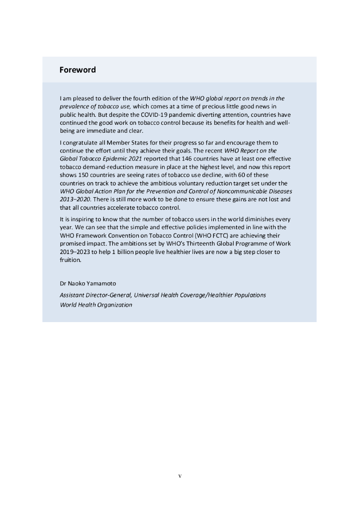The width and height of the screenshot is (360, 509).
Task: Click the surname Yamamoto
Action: click(x=103, y=284)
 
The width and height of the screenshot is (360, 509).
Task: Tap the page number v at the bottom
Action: click(x=180, y=476)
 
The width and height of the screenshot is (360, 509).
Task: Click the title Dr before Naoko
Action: click(x=63, y=284)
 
